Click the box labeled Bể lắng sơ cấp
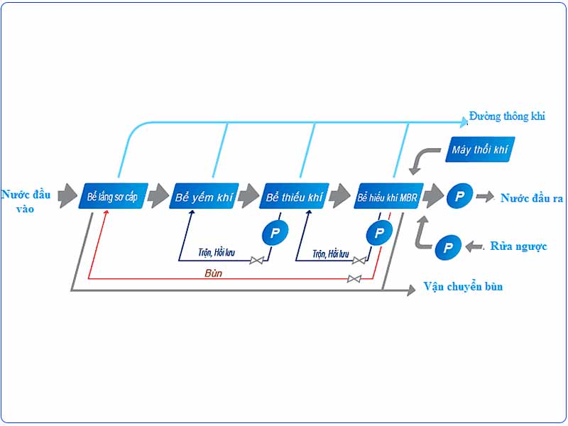click(x=113, y=196)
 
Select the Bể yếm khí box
click(x=204, y=196)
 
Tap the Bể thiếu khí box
click(x=294, y=196)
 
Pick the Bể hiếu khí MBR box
click(x=388, y=196)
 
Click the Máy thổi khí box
click(x=480, y=149)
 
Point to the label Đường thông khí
click(x=507, y=116)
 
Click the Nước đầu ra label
click(x=531, y=198)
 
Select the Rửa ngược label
click(x=518, y=246)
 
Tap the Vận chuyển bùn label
click(x=463, y=287)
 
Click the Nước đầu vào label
click(x=26, y=202)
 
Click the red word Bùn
click(x=213, y=273)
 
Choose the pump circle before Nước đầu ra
click(x=459, y=196)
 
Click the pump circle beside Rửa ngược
click(x=448, y=247)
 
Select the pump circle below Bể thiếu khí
click(x=275, y=233)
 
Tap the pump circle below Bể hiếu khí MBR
click(x=379, y=233)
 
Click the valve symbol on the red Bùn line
click(x=354, y=278)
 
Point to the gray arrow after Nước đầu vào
click(x=67, y=196)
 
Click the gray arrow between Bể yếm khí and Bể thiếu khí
click(x=248, y=196)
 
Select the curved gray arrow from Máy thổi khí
click(x=422, y=159)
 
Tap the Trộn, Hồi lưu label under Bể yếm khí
click(x=217, y=253)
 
